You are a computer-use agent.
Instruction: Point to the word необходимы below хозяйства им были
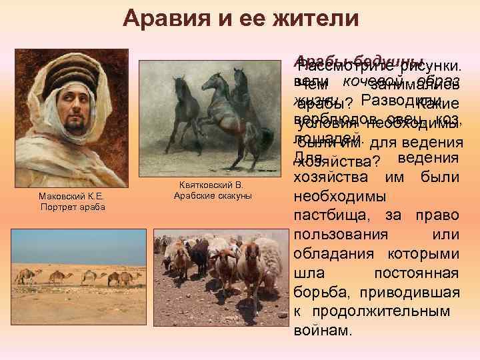coord(339,198)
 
